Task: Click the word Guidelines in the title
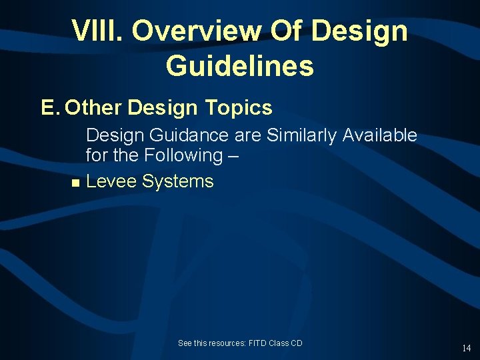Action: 239,66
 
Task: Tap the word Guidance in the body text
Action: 190,136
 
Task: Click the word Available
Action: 380,136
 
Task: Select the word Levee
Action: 111,181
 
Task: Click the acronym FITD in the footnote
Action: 257,343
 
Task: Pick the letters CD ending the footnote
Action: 297,343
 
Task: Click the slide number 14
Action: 466,348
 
